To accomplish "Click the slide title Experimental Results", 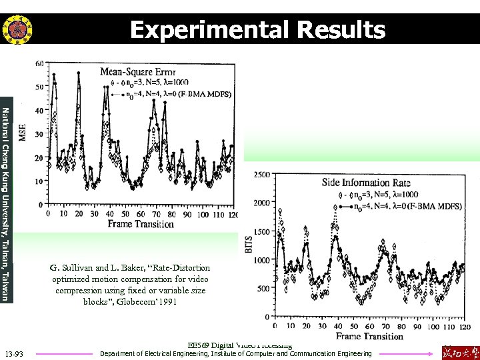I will click(257, 30).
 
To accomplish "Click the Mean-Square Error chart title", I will click(138, 71).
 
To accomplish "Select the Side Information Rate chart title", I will click(366, 183).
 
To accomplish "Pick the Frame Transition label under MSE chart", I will click(141, 224).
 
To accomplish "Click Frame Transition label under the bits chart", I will click(369, 336).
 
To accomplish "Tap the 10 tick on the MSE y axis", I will click(39, 181).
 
